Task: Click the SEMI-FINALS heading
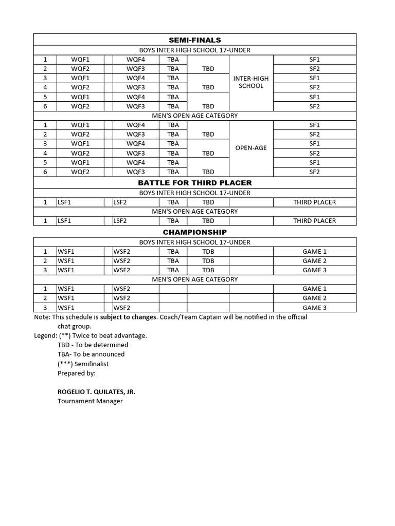(195, 40)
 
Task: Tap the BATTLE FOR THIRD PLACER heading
(195, 183)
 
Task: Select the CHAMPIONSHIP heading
(195, 232)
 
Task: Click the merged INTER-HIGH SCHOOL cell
(251, 82)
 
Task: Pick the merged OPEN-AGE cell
(251, 148)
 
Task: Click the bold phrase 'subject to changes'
(128, 317)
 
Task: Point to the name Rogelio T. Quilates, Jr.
(97, 391)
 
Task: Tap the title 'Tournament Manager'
(90, 401)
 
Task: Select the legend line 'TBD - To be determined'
(93, 345)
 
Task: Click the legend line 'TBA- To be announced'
(91, 354)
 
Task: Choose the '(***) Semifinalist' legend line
(83, 364)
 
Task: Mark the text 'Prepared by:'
(77, 373)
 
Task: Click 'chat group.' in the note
(75, 327)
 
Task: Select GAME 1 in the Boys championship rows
(314, 252)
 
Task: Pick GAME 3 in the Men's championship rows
(314, 308)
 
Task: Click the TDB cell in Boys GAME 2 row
(208, 261)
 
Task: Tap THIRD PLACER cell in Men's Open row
(314, 221)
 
